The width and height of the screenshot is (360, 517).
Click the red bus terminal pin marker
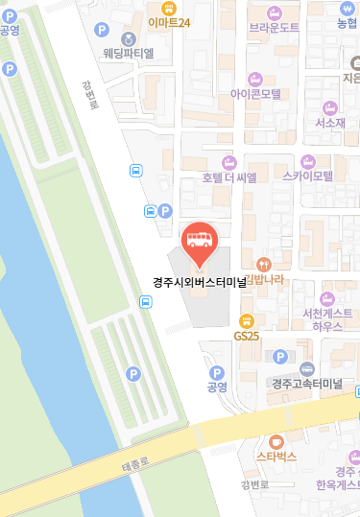(200, 240)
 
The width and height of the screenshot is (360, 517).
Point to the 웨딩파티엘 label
(130, 53)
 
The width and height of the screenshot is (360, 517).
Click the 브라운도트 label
(275, 28)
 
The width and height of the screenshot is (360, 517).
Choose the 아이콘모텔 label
(255, 94)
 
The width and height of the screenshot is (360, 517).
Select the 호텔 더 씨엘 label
(228, 177)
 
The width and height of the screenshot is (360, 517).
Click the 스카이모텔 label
(307, 176)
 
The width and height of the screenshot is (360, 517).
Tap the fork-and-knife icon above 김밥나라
(265, 263)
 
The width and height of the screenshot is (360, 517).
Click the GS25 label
(247, 336)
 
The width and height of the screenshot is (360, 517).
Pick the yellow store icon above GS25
(247, 320)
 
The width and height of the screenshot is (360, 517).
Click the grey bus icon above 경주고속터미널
(307, 368)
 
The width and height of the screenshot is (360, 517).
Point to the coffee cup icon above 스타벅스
(277, 441)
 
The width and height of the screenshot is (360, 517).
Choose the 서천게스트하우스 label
(326, 319)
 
